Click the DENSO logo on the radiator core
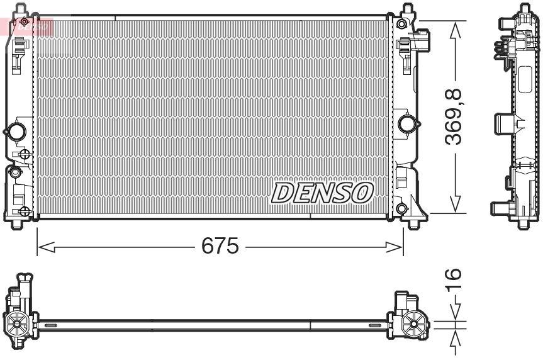[323, 193]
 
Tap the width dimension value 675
[220, 246]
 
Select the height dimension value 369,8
[455, 118]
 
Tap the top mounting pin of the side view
[523, 9]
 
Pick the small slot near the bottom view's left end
[51, 325]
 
